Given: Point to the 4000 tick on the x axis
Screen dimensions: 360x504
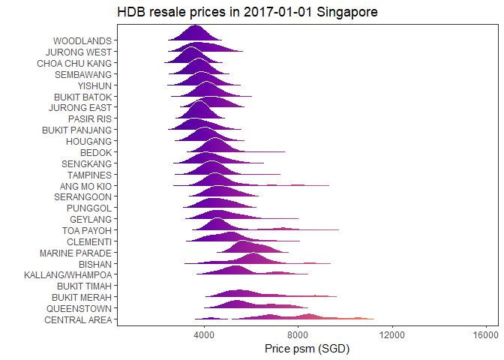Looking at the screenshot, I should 205,334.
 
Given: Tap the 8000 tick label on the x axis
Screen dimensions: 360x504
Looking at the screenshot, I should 298,334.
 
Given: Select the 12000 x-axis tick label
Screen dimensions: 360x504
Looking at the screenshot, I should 393,334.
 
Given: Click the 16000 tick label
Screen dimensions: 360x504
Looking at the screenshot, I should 487,334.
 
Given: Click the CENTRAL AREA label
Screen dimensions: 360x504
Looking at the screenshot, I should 78,319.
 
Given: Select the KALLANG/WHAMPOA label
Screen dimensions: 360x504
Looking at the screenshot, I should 67,274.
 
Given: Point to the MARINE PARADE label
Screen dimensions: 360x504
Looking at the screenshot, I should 76,253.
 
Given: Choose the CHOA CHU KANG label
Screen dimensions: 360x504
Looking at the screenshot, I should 74,63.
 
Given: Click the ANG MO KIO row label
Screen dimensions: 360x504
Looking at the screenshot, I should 85,185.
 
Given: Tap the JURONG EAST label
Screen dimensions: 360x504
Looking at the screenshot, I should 79,107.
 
